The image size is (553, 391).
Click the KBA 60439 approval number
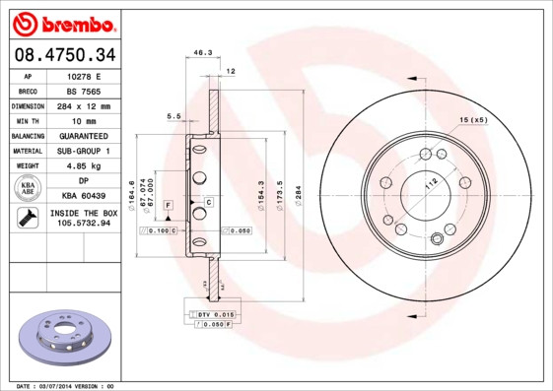[x=86, y=196]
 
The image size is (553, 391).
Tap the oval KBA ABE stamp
[x=29, y=189]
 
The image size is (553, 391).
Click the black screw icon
[x=28, y=219]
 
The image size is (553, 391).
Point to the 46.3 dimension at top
[x=203, y=52]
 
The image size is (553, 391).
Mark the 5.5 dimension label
[x=173, y=116]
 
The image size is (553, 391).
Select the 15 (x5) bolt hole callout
[x=474, y=119]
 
